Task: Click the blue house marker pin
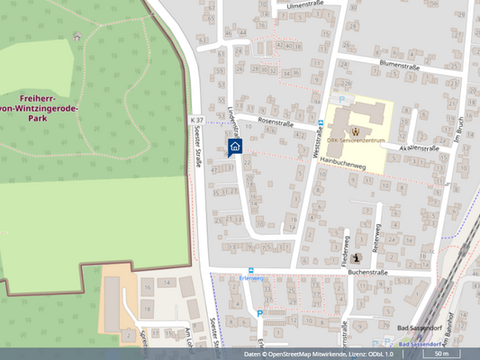(234, 147)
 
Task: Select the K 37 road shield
(196, 119)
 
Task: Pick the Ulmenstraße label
(304, 4)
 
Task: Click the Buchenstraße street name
(367, 272)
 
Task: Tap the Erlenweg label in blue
(251, 279)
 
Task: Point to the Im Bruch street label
(457, 129)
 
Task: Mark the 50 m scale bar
(440, 354)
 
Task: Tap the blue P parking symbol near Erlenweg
(260, 313)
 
